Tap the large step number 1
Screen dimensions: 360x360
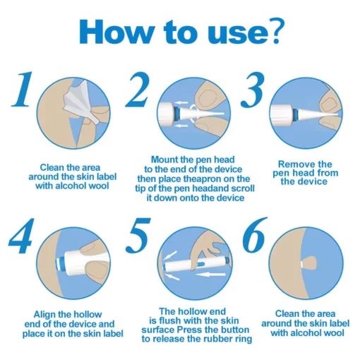pyautogui.click(x=23, y=89)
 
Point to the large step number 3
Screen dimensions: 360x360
pyautogui.click(x=253, y=90)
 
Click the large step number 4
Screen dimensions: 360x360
pyautogui.click(x=20, y=236)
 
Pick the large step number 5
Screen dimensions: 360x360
pyautogui.click(x=138, y=235)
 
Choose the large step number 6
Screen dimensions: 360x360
pyautogui.click(x=255, y=235)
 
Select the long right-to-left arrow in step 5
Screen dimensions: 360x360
pyautogui.click(x=210, y=275)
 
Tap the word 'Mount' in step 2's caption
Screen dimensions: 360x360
pyautogui.click(x=164, y=160)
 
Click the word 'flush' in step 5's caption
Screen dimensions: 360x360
pyautogui.click(x=171, y=320)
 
